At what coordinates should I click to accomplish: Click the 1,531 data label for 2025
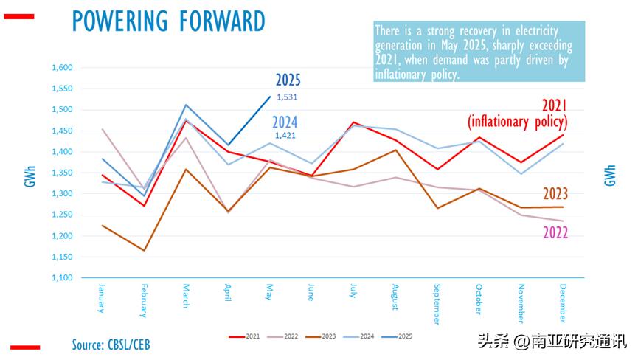287,97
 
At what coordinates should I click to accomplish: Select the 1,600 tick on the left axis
63,68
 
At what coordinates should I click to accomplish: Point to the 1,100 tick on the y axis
63,278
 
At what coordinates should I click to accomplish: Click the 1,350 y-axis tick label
63,173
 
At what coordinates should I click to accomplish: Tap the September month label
437,303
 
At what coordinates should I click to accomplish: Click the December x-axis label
562,302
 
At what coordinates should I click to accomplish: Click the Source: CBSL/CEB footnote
111,345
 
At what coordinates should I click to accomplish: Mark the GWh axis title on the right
609,176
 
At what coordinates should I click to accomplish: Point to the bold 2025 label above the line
288,80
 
